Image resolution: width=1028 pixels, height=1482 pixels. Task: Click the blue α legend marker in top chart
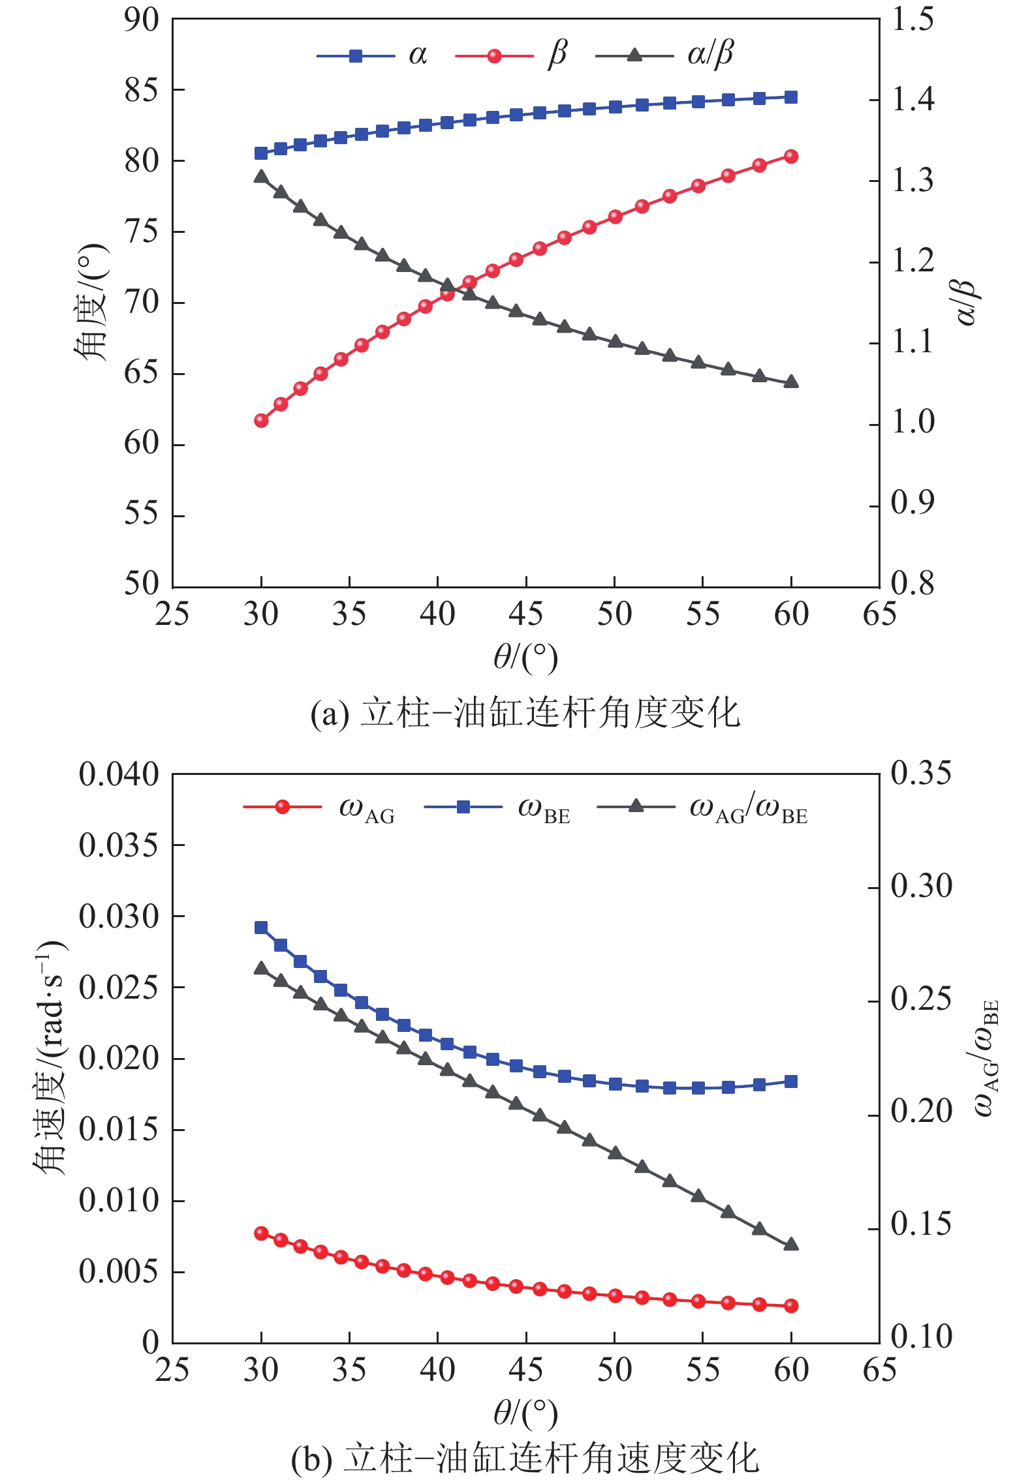(x=356, y=56)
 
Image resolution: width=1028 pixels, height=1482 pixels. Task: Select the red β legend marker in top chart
(x=494, y=56)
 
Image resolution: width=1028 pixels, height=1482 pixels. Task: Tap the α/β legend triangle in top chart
(x=634, y=55)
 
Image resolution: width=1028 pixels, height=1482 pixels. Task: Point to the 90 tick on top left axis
(x=142, y=20)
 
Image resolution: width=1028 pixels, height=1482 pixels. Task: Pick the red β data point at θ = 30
(x=261, y=421)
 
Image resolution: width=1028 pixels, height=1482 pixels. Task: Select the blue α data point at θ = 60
(x=791, y=97)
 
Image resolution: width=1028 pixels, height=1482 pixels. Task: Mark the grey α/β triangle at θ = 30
(x=261, y=177)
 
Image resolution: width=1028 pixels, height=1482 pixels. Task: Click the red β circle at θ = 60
(x=791, y=157)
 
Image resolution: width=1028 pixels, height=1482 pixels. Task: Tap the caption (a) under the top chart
(x=525, y=713)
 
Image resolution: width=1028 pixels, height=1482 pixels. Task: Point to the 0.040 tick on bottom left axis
(x=119, y=775)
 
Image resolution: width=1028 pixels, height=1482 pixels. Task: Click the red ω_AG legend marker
(x=282, y=807)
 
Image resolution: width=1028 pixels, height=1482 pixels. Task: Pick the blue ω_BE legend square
(x=463, y=808)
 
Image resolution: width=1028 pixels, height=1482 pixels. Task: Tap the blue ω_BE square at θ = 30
(x=261, y=928)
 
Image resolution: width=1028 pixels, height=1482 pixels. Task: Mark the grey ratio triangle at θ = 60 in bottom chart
(x=791, y=1244)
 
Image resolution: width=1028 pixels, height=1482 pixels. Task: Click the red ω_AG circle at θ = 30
(x=261, y=1233)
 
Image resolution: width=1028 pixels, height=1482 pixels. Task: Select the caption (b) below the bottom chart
(x=525, y=1458)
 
